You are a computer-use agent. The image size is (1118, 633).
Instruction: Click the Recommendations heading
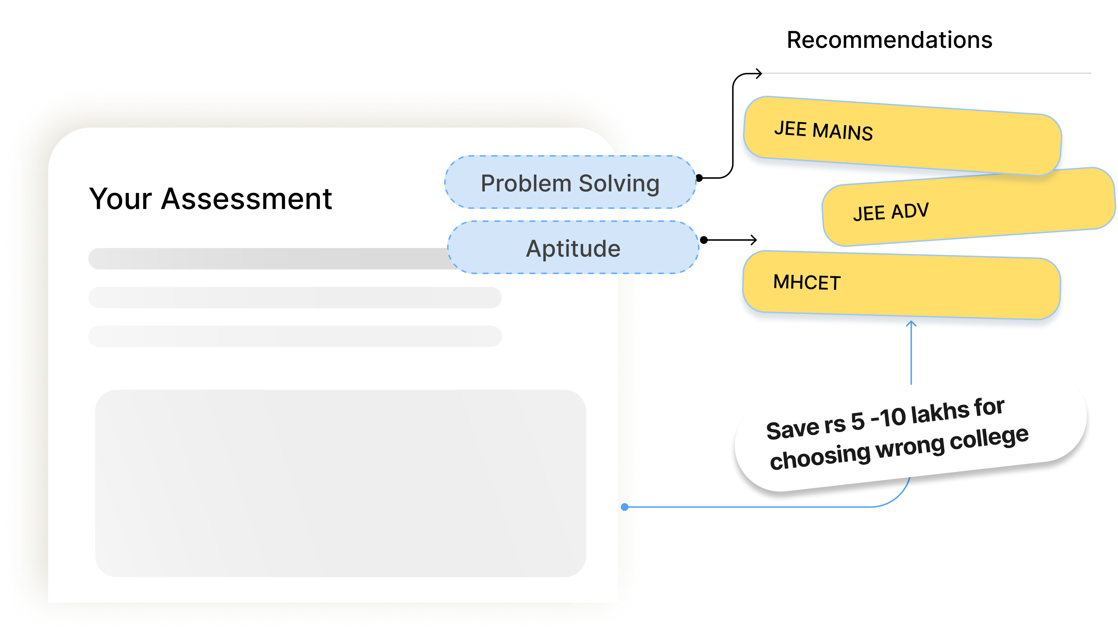(x=889, y=40)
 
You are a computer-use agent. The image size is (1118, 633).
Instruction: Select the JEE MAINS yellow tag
(x=902, y=136)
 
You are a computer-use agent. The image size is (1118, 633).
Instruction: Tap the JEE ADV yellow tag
(x=969, y=207)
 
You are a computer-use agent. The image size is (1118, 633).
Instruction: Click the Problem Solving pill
(x=570, y=182)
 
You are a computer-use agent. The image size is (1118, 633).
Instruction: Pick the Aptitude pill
(x=573, y=247)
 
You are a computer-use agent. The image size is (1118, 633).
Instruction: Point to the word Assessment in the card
(x=246, y=199)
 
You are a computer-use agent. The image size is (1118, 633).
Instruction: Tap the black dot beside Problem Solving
(x=699, y=178)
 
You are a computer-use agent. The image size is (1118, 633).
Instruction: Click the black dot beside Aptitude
(x=704, y=240)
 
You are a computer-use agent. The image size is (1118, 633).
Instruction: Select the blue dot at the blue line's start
(x=624, y=507)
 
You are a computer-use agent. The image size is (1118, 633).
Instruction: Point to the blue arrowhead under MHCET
(x=911, y=323)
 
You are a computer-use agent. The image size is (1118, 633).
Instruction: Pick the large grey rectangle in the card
(x=340, y=483)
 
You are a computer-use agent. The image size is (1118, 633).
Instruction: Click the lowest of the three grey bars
(x=295, y=336)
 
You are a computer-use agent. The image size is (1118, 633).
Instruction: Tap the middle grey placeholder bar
(x=295, y=297)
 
